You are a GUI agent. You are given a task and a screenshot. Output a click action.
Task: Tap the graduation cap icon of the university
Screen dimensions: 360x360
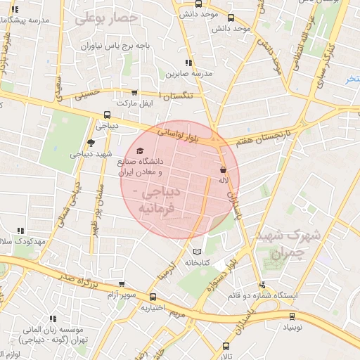[139, 151]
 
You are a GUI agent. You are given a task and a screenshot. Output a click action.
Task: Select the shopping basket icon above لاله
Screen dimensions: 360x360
[223, 169]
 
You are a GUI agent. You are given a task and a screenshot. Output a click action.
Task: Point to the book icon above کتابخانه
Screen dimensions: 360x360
[197, 251]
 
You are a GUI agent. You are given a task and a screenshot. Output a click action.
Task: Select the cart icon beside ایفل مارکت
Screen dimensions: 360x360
[134, 92]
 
